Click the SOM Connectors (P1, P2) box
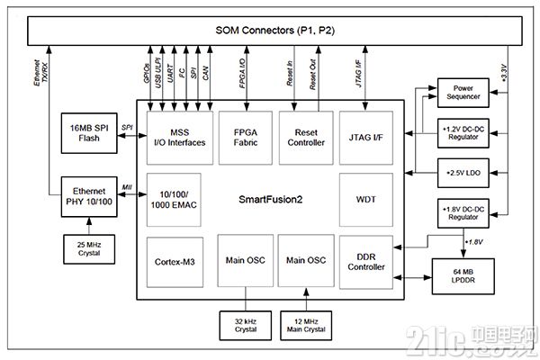pos(274,31)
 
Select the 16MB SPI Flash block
pos(89,133)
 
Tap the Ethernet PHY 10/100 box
pos(89,197)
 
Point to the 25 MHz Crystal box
pos(89,249)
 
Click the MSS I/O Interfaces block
pos(180,138)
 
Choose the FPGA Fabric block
pos(246,138)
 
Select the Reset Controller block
pos(306,138)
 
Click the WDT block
pos(366,200)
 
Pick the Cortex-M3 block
pos(175,262)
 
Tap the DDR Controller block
pos(366,262)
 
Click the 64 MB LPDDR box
pos(463,276)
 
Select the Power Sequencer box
pos(463,93)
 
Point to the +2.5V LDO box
pos(463,173)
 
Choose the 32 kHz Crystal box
pos(246,326)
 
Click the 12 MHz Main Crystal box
pos(306,326)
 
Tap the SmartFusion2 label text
pos(271,200)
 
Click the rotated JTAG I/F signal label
pos(359,74)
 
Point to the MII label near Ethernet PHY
pos(127,187)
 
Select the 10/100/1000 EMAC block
pos(174,200)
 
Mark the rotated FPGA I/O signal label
pos(242,74)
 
